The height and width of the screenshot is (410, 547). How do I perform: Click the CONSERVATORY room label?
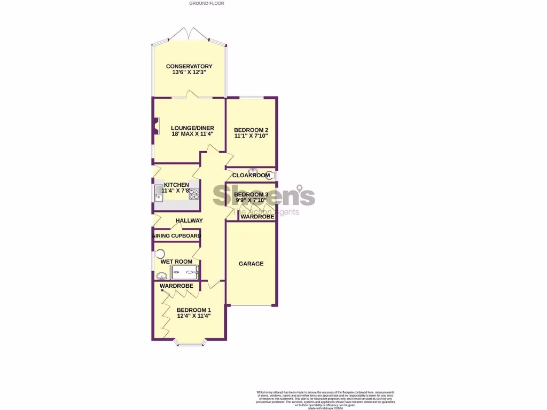[189, 67]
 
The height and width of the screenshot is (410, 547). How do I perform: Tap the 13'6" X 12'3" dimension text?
[189, 73]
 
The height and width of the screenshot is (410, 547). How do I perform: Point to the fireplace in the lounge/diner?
[155, 127]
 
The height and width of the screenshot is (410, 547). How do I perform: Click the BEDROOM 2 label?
[251, 130]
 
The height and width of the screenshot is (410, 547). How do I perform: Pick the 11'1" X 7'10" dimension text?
[251, 137]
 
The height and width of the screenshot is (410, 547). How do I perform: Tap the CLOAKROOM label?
[251, 175]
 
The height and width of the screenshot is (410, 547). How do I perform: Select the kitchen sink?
[159, 196]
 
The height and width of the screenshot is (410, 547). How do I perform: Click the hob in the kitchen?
[194, 194]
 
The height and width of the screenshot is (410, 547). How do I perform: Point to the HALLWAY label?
[189, 220]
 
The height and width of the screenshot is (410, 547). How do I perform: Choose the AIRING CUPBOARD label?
[177, 236]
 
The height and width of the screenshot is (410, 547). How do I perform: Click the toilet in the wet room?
[160, 254]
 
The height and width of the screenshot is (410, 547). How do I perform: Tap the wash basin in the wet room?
[161, 276]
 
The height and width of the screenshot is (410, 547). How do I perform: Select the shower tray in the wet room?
[184, 273]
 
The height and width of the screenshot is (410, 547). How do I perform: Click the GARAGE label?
[251, 264]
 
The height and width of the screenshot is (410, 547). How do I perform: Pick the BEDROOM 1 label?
[194, 310]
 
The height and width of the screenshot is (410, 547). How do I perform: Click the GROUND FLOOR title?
[207, 3]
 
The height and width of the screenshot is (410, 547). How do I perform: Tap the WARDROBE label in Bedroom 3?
[257, 217]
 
